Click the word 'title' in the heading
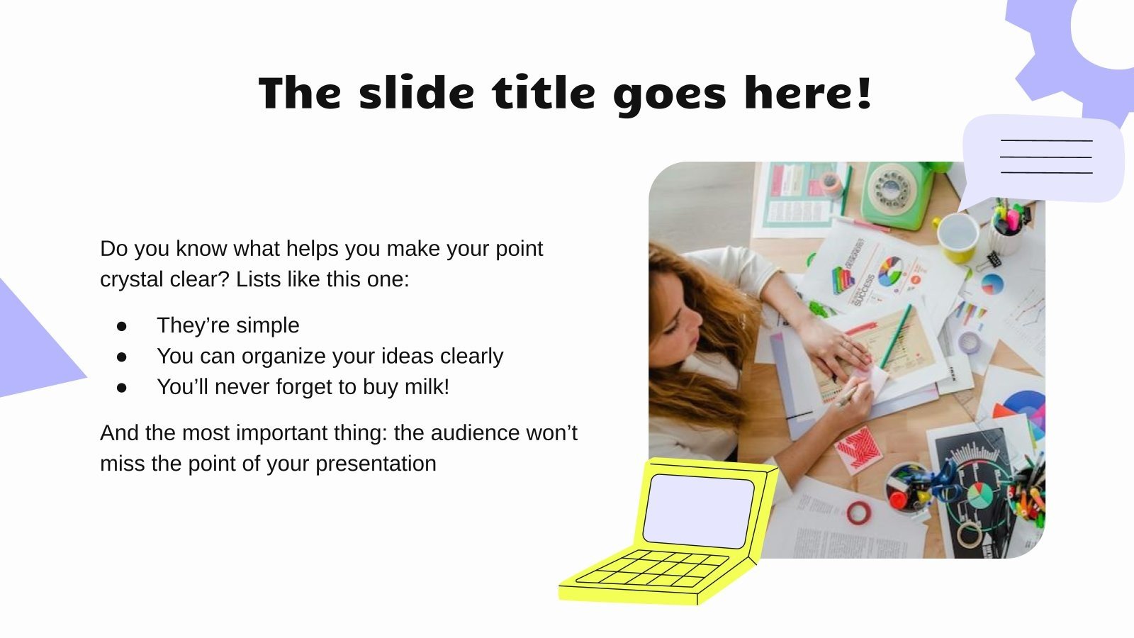click(544, 93)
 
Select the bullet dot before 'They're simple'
click(122, 325)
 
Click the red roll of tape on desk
click(860, 512)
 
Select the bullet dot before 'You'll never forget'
click(122, 387)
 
